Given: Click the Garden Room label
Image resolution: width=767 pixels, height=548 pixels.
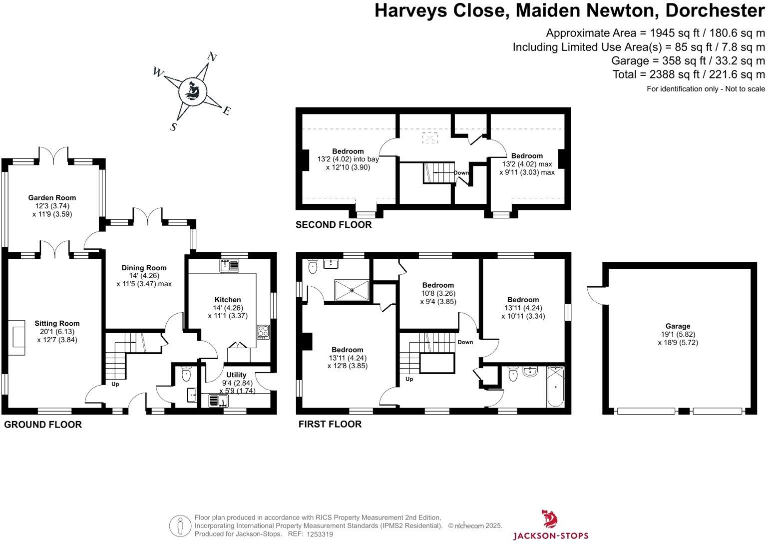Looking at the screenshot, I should coord(52,198).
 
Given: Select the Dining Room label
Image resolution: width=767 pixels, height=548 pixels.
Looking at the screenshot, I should coord(144,268).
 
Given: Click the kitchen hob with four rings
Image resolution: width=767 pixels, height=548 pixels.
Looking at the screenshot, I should coord(263,332).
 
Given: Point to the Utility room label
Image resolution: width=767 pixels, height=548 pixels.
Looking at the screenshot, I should coord(236,375).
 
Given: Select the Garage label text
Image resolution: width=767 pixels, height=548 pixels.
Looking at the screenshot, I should coord(678,326).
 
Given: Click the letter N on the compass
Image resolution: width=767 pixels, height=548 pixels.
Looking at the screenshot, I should coord(212,57).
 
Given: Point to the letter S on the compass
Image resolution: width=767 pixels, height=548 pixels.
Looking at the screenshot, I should coord(173,127).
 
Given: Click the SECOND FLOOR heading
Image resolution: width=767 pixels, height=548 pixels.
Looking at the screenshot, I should coord(334,225).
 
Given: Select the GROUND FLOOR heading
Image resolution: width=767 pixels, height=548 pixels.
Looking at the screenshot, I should coord(43,425).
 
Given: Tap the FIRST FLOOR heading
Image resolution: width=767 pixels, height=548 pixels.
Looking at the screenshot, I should coord(330,424).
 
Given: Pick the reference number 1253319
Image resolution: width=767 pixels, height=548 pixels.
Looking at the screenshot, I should coord(320,534).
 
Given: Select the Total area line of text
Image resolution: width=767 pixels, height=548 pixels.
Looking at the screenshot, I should coord(689,74).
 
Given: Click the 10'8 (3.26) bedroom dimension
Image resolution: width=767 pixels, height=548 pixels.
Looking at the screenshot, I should coord(438,293).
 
